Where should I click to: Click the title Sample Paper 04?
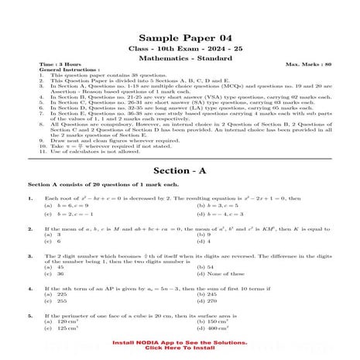(x=179, y=38)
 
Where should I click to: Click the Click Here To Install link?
(x=179, y=348)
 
